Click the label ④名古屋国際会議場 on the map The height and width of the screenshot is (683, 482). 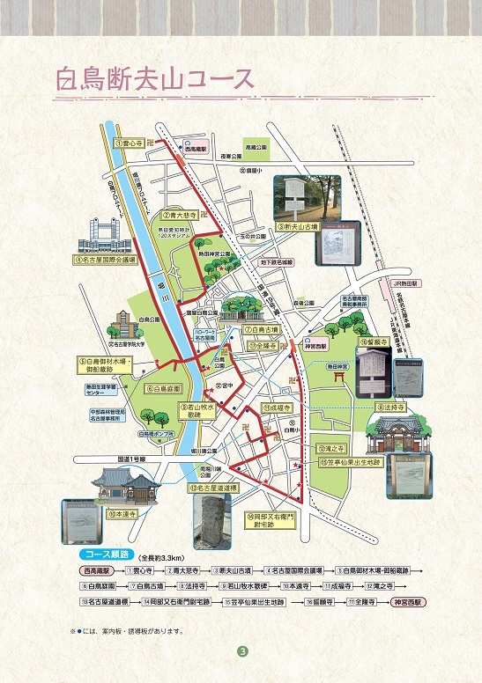106,260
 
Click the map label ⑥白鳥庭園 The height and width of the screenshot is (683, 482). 163,388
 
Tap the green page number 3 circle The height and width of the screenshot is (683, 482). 241,652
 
